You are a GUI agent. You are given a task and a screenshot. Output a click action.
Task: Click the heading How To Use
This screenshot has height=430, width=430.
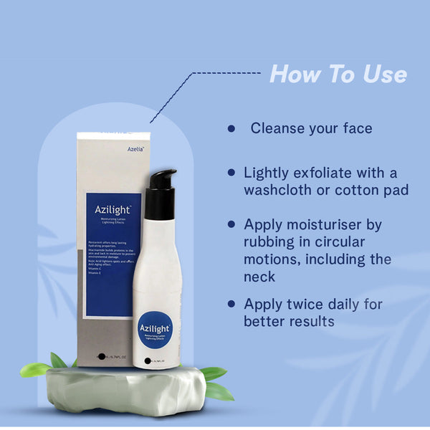[338, 75]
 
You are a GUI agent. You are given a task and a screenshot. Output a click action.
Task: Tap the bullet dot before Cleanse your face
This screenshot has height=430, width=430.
[231, 129]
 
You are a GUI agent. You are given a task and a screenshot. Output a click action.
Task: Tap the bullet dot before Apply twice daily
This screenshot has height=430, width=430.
[231, 304]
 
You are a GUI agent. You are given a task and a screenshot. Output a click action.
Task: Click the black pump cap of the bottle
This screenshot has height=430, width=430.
[162, 194]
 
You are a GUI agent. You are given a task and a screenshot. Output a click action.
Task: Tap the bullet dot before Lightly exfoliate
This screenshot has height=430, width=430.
[231, 173]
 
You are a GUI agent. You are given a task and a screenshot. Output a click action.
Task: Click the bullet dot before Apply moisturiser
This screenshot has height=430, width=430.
[231, 224]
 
